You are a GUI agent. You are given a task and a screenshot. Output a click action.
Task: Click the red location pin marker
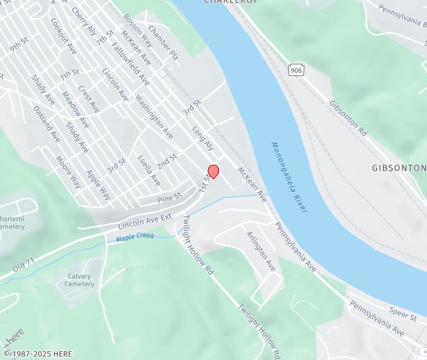213,171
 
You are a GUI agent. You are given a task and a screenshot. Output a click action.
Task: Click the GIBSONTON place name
398,168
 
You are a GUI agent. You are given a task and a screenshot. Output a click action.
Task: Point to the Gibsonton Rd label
348,119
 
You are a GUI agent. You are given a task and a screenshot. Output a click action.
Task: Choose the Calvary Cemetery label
80,280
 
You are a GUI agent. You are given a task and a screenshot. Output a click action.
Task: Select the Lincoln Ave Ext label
145,219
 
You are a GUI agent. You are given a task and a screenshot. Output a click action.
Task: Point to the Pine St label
169,197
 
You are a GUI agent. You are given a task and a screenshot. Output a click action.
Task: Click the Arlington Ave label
260,251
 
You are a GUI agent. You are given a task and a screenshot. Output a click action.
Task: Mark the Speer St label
403,314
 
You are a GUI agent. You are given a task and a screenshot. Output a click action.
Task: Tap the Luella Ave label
149,171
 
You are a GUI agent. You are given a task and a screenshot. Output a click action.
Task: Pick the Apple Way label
99,185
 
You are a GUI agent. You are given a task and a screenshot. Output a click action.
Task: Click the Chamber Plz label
163,43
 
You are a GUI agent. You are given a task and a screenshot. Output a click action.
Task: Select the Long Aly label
203,137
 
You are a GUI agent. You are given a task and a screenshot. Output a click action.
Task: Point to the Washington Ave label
154,117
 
